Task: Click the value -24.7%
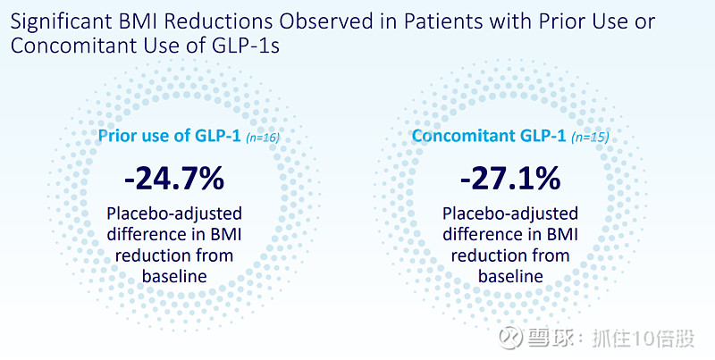click(174, 179)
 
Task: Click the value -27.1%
click(510, 179)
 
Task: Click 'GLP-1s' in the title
click(250, 46)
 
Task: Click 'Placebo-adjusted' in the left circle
click(174, 214)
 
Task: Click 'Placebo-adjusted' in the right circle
click(510, 214)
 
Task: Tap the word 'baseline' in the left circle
click(174, 276)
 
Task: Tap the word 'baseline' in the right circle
click(510, 276)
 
